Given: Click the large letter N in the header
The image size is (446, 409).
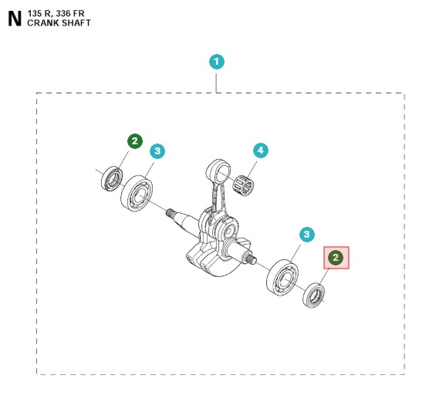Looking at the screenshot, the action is coord(15,19).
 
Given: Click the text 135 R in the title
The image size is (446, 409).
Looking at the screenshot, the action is coord(39,14).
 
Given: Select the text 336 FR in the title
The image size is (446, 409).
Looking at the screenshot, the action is coord(70,14).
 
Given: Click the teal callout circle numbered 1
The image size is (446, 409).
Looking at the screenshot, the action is coord(217,62).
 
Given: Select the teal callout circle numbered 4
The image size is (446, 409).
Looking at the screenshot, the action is coord(261,150).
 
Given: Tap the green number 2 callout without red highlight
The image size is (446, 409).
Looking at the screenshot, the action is coord(135,141).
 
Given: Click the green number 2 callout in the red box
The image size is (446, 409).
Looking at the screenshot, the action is coord(336,258).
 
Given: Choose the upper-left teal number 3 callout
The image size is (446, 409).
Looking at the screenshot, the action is coord(157,150).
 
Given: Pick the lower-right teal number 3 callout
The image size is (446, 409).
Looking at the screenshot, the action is coord(307,235).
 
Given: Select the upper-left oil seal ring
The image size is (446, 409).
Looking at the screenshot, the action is coord(112,178).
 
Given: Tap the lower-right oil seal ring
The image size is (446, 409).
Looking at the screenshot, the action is coord(314,295).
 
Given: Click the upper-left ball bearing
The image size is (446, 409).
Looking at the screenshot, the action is coord(137,194).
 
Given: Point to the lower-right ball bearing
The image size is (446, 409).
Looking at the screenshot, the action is coord(282,277).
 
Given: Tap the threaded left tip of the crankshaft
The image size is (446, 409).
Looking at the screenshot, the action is coord(170,212).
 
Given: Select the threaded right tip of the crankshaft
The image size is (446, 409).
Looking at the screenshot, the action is coord(252,259).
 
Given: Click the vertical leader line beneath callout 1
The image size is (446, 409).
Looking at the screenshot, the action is coord(217,83).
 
